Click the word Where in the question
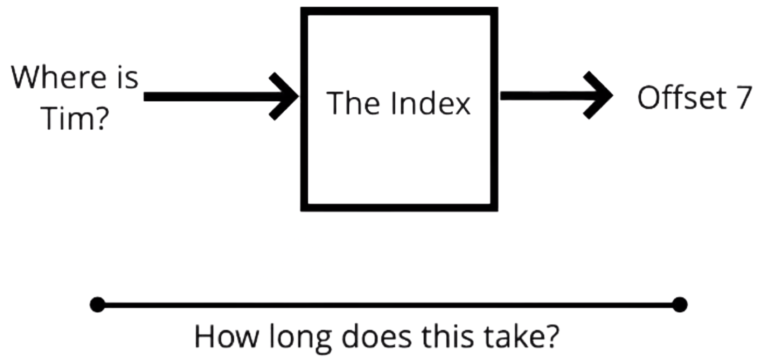click(x=59, y=77)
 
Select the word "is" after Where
click(x=127, y=77)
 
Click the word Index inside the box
click(x=431, y=103)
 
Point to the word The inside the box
click(x=353, y=103)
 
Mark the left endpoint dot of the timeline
click(x=98, y=304)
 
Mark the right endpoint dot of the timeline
click(x=680, y=304)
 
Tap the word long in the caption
click(x=300, y=339)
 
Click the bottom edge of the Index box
click(x=400, y=208)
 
